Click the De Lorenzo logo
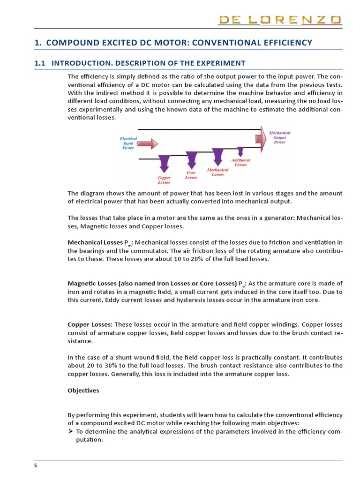pyautogui.click(x=280, y=20)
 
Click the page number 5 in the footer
pyautogui.click(x=35, y=465)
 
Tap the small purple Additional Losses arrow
pyautogui.click(x=240, y=151)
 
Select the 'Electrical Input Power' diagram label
pyautogui.click(x=128, y=143)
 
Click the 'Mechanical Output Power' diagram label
pyautogui.click(x=279, y=137)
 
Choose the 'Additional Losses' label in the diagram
pyautogui.click(x=241, y=162)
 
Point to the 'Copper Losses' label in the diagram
pyautogui.click(x=164, y=180)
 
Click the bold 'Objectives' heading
pyautogui.click(x=83, y=390)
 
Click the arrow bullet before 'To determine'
pyautogui.click(x=71, y=432)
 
